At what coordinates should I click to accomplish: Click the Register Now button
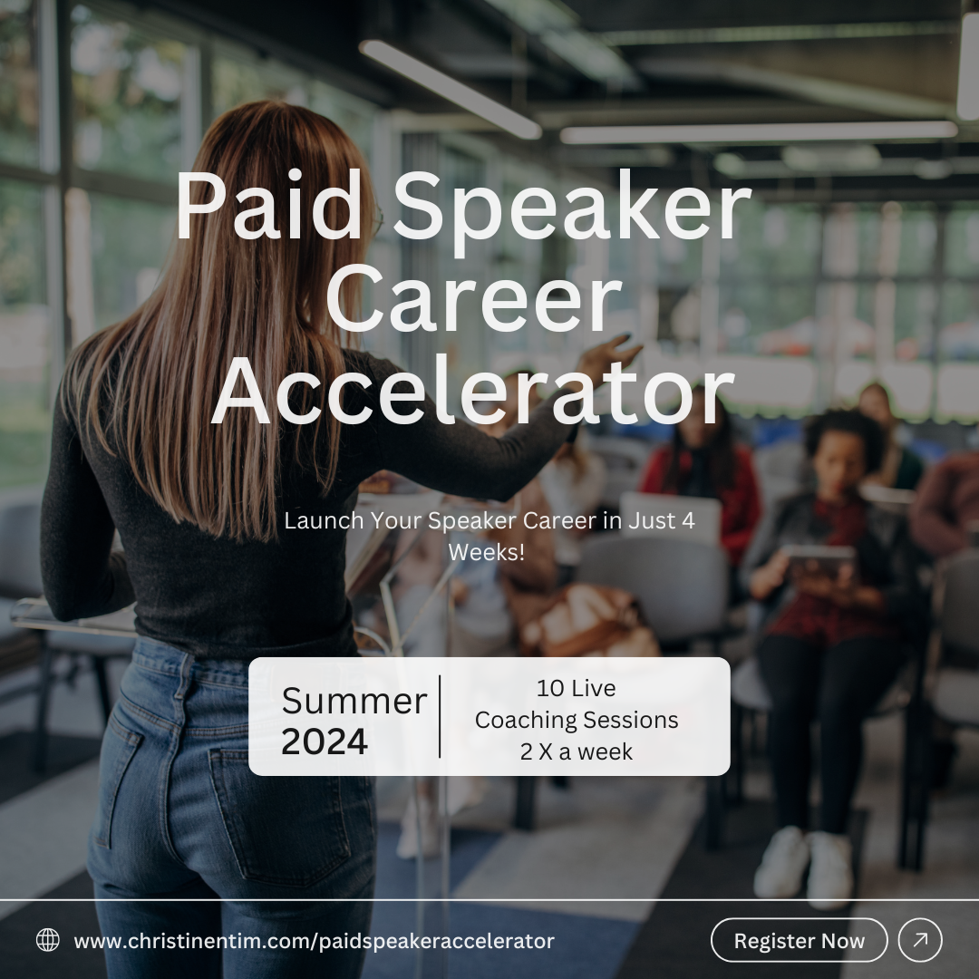point(799,941)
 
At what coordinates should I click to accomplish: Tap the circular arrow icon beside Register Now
point(920,941)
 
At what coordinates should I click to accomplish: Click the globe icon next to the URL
point(48,941)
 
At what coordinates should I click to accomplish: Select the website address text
point(314,942)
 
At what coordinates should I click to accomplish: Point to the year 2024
point(325,742)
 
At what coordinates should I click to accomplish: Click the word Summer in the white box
point(354,701)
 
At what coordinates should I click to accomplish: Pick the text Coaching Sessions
point(577,720)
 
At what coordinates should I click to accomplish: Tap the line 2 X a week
point(577,751)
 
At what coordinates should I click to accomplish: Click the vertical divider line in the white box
point(441,716)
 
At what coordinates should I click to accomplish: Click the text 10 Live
point(577,689)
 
